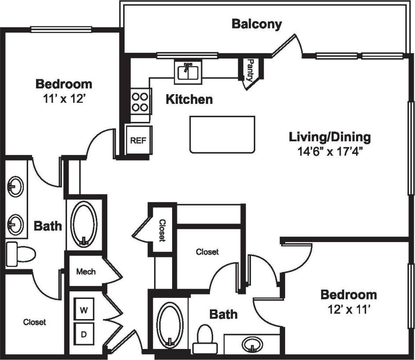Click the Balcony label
pyautogui.click(x=257, y=24)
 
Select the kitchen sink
pyautogui.click(x=188, y=72)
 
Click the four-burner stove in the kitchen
pyautogui.click(x=140, y=102)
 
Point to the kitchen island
pyautogui.click(x=222, y=134)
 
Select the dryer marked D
pyautogui.click(x=83, y=334)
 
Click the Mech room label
pyautogui.click(x=86, y=272)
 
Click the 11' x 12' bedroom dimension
pyautogui.click(x=64, y=99)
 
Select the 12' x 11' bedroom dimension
pyautogui.click(x=348, y=310)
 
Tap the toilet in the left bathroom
pyautogui.click(x=21, y=254)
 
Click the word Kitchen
pyautogui.click(x=189, y=99)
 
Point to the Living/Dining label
pyautogui.click(x=330, y=137)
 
